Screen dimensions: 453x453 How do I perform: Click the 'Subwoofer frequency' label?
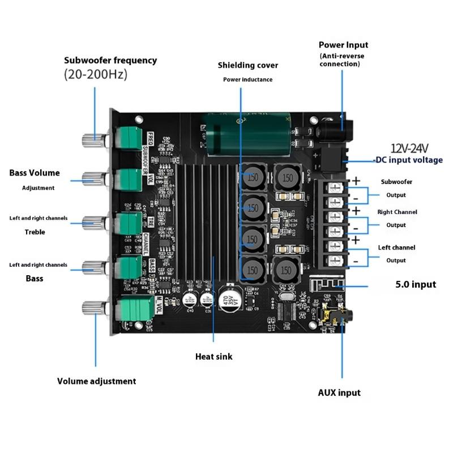tap(110, 60)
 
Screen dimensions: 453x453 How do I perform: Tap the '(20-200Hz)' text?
tap(96, 74)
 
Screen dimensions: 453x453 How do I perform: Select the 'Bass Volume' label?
tap(35, 173)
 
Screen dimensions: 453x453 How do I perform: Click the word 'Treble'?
tap(35, 232)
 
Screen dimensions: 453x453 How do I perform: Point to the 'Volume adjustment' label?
tap(96, 381)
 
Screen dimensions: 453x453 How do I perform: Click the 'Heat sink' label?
tap(213, 356)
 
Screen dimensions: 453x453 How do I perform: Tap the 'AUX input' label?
tap(339, 392)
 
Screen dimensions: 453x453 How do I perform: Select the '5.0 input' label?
tap(416, 284)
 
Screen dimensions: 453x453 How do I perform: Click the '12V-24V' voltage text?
tap(409, 148)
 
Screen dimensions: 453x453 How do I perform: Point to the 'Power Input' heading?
tap(343, 45)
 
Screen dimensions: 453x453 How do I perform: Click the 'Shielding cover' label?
tap(247, 65)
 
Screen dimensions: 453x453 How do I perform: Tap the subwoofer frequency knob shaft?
tap(94, 138)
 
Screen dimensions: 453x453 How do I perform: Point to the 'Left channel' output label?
tap(396, 247)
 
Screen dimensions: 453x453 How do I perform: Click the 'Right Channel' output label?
tap(397, 212)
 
